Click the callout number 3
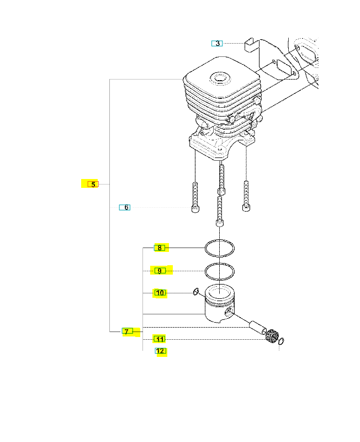pyautogui.click(x=218, y=43)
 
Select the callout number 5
pyautogui.click(x=93, y=184)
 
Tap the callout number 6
pyautogui.click(x=126, y=208)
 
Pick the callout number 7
pyautogui.click(x=126, y=331)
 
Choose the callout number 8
pyautogui.click(x=160, y=248)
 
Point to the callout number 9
pyautogui.click(x=160, y=271)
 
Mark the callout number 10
pyautogui.click(x=160, y=293)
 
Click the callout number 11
pyautogui.click(x=160, y=339)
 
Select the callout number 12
pyautogui.click(x=160, y=351)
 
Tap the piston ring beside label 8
pyautogui.click(x=219, y=249)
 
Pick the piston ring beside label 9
pyautogui.click(x=219, y=271)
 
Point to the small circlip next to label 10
pyautogui.click(x=196, y=292)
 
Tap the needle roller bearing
pyautogui.click(x=270, y=335)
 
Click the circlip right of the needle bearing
pyautogui.click(x=282, y=341)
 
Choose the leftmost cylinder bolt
pyautogui.click(x=195, y=197)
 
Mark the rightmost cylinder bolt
pyautogui.click(x=246, y=197)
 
